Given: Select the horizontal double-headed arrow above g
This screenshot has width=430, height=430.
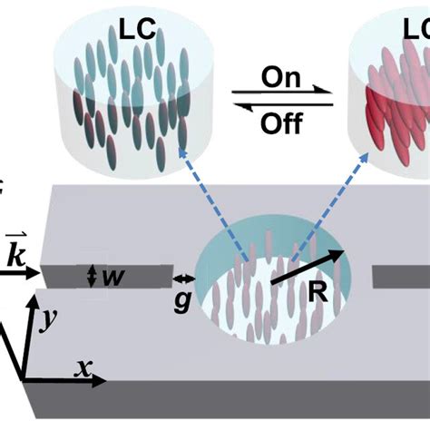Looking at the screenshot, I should (x=183, y=279).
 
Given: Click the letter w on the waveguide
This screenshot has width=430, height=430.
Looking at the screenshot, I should (x=112, y=277).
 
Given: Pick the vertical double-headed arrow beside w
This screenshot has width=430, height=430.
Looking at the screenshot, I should (x=92, y=277).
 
